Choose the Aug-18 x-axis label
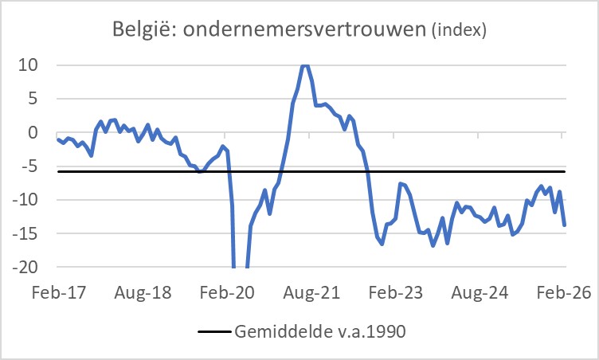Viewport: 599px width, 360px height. [143, 293]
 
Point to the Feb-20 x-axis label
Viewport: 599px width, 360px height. [228, 293]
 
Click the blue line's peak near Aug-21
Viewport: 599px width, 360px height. [305, 65]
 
